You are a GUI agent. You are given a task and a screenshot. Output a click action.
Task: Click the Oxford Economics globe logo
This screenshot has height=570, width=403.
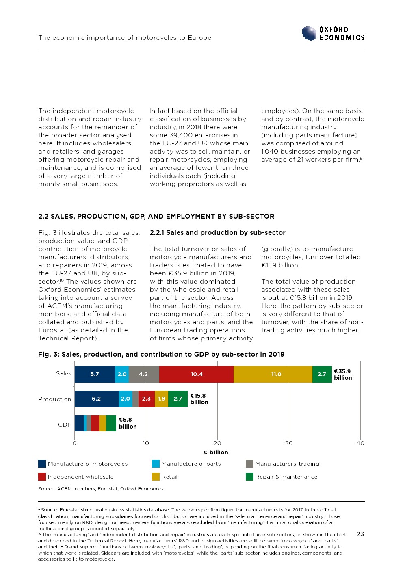309,33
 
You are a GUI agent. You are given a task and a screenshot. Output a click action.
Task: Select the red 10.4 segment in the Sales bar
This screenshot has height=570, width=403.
197,374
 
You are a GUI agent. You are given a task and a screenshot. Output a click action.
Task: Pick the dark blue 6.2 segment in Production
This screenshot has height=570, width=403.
96,399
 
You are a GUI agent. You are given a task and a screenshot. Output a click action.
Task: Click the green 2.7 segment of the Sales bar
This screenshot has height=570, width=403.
322,374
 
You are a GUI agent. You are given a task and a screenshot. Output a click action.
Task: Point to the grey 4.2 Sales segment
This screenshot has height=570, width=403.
144,374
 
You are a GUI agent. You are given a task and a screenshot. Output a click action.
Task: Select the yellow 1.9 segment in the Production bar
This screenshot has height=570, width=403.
161,399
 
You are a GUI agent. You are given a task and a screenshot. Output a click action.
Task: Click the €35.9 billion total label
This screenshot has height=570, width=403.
342,374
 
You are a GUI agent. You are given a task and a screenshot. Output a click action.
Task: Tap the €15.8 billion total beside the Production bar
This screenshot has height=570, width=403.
199,399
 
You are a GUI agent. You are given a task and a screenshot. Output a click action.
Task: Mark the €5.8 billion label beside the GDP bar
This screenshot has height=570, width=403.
128,423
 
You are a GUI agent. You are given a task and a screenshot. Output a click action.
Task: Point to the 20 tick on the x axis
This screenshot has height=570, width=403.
217,443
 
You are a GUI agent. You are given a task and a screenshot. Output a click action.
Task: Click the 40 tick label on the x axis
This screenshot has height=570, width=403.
360,443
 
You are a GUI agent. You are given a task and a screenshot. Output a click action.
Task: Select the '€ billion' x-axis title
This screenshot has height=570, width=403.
216,452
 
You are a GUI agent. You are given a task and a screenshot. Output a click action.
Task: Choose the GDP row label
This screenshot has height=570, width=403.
65,425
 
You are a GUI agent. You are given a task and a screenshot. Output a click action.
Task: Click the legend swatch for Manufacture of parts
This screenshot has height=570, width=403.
156,464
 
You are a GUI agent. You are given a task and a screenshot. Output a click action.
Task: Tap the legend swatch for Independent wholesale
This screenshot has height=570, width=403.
42,477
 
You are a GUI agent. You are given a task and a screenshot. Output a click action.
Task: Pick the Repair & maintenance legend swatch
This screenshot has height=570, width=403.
249,477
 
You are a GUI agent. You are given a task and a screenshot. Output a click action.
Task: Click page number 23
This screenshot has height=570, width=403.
360,534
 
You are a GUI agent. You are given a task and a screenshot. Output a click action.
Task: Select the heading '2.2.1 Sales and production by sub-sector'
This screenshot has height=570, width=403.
217,232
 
